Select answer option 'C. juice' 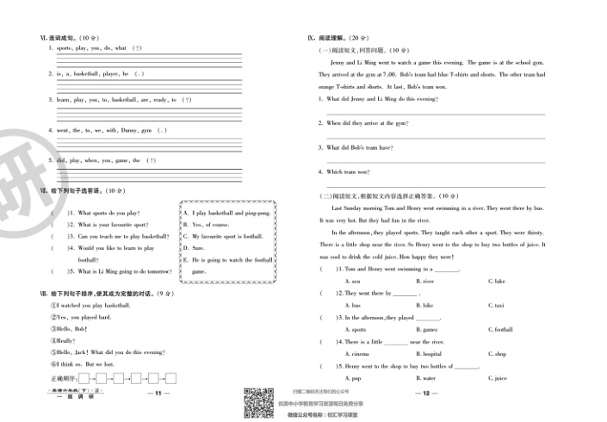498,378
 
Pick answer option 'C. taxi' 496,306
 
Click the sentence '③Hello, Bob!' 70,329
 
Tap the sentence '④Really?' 65,341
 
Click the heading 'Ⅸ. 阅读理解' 325,38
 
